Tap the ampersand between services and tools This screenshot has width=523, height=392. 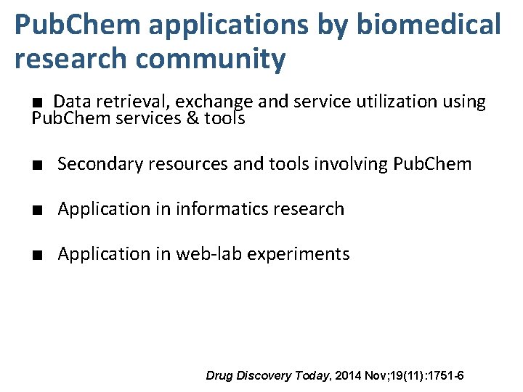pos(193,118)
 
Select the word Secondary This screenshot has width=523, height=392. pos(102,164)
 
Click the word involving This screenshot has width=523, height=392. pos(351,164)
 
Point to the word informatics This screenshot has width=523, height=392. pos(223,209)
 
